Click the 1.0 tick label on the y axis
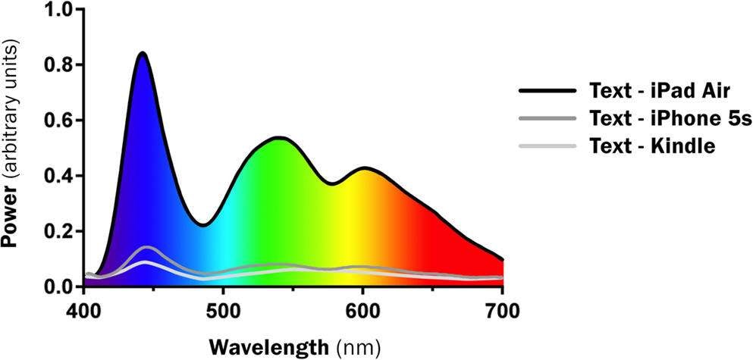click(x=60, y=10)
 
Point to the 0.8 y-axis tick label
click(x=60, y=65)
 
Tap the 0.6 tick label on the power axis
click(x=60, y=121)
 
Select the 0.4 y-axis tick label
click(x=60, y=176)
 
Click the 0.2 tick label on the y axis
click(x=60, y=231)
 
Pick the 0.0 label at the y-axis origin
click(x=60, y=286)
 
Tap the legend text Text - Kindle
click(x=651, y=146)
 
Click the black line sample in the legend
click(x=545, y=92)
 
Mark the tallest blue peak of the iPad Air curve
click(x=142, y=53)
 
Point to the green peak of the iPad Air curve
click(x=279, y=138)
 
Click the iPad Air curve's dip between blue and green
click(x=202, y=224)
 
